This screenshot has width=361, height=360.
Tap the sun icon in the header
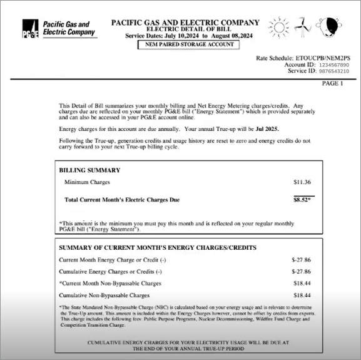(278, 27)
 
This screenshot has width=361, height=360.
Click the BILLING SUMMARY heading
(89, 170)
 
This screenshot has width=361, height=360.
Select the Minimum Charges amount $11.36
(302, 182)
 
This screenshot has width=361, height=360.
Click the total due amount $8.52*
(303, 200)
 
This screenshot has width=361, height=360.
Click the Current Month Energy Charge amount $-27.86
(301, 260)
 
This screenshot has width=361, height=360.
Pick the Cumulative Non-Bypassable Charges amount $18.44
(302, 295)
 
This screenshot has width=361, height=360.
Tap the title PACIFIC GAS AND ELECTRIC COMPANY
(176, 23)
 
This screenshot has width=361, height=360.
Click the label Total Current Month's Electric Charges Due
(122, 200)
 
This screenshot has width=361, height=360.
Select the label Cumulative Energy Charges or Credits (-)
(111, 272)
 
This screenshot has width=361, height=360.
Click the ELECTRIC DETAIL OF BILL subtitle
(176, 30)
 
